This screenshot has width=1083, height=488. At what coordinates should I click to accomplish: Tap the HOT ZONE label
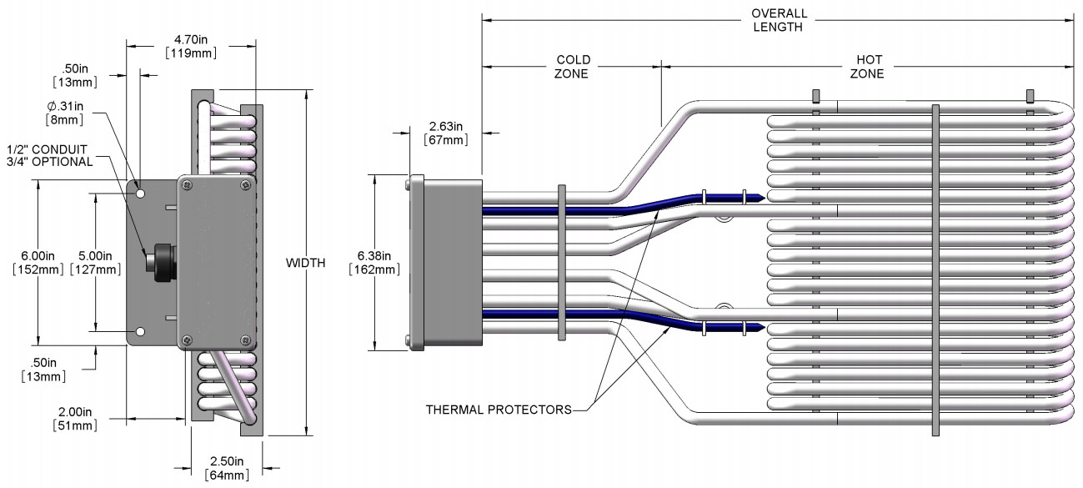(867, 67)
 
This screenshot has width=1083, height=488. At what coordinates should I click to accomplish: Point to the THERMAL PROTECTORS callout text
(499, 410)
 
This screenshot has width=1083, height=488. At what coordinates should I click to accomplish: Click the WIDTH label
(306, 263)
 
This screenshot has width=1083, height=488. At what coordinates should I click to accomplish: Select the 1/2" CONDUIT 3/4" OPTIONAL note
(50, 154)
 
